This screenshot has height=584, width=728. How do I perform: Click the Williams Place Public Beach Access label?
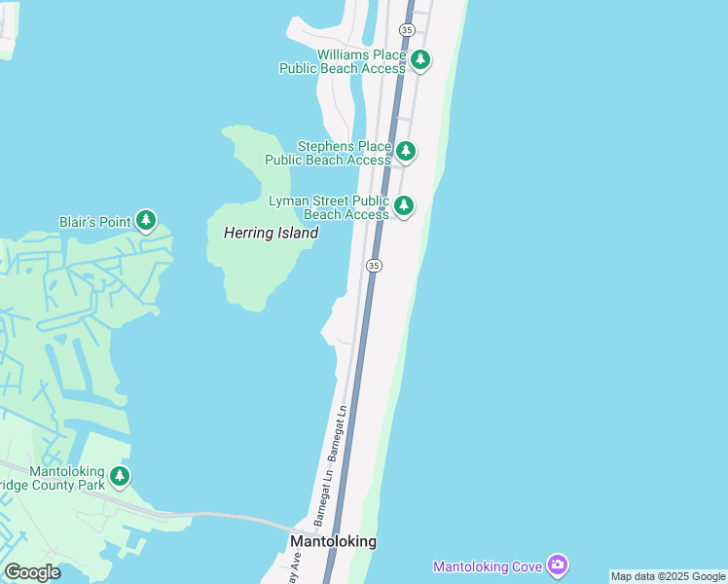click(x=342, y=61)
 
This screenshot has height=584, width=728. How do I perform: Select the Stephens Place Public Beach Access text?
click(x=329, y=153)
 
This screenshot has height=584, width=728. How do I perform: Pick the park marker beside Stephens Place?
click(x=406, y=152)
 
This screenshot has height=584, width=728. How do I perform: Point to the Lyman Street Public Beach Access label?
click(x=329, y=207)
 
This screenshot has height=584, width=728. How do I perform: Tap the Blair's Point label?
click(x=94, y=221)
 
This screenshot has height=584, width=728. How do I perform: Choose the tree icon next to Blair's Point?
click(x=146, y=221)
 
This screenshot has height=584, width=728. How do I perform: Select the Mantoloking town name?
click(x=333, y=541)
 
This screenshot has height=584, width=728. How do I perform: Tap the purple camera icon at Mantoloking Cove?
click(x=557, y=565)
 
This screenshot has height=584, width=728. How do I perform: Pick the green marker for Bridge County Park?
click(x=120, y=477)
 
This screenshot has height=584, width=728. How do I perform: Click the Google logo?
click(x=32, y=572)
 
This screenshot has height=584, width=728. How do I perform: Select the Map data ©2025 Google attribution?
click(x=668, y=576)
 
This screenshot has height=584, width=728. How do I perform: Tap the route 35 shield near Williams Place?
click(x=407, y=30)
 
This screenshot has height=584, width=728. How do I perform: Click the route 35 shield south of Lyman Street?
click(x=374, y=265)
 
